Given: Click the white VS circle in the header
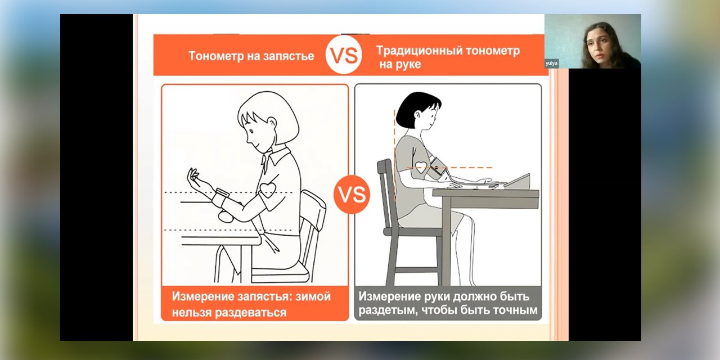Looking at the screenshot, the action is click(344, 55).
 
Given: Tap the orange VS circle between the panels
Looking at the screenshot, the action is click(352, 195).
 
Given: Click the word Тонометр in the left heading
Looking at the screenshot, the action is click(216, 56).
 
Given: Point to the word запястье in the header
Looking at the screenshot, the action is click(289, 56).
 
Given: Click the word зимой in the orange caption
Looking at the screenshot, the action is click(313, 296).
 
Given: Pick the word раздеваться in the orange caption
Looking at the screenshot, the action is click(250, 312).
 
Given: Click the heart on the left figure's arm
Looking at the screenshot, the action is click(268, 190).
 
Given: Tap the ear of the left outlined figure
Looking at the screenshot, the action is click(272, 123).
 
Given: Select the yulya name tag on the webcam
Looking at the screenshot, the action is click(552, 64).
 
